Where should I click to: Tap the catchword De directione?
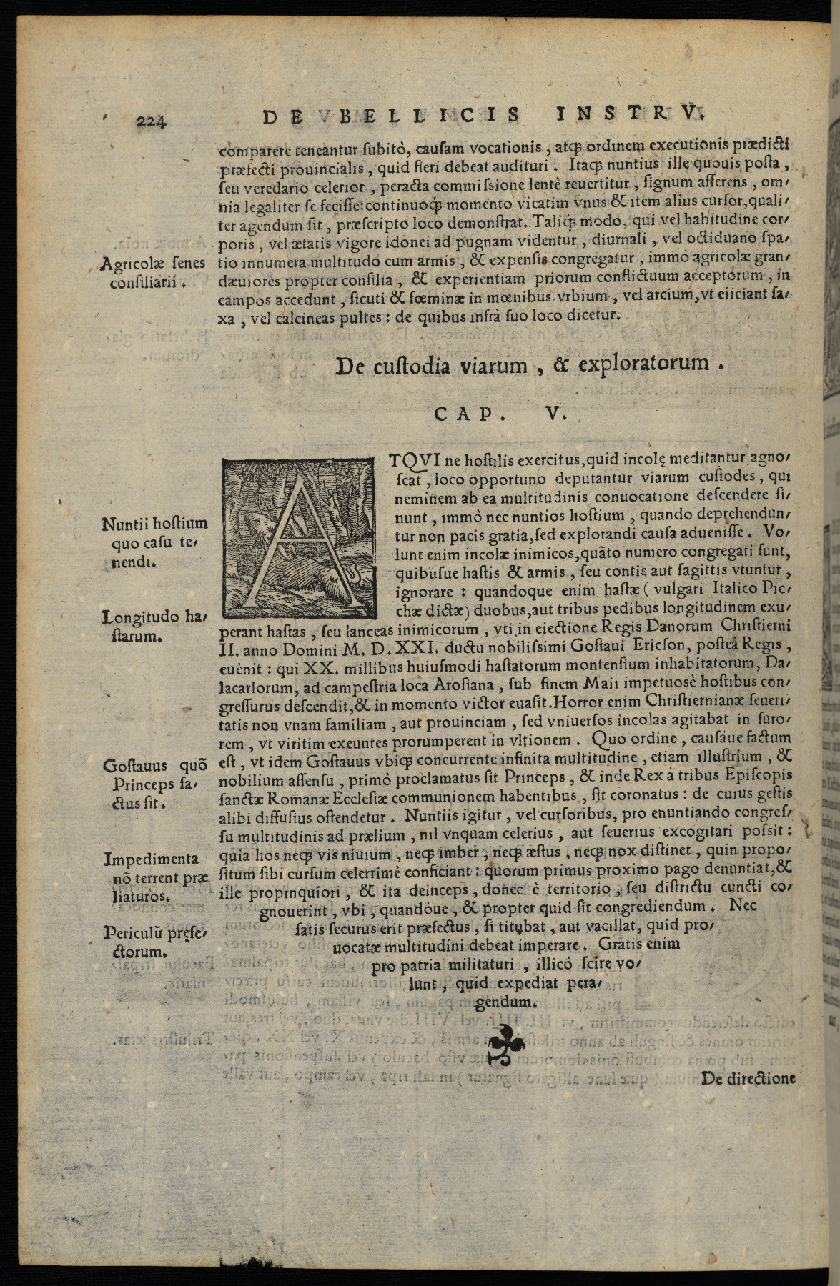click(748, 1079)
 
